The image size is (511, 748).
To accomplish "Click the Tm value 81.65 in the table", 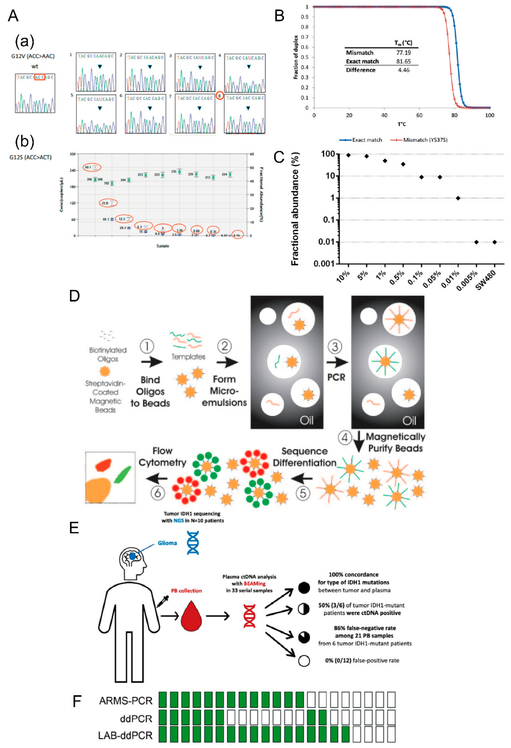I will pos(403,61).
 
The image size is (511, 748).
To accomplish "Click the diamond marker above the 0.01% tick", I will pos(458,198).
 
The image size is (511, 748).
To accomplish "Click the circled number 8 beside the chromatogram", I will pos(220,96).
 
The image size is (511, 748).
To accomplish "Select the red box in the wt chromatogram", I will pos(40,77).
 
